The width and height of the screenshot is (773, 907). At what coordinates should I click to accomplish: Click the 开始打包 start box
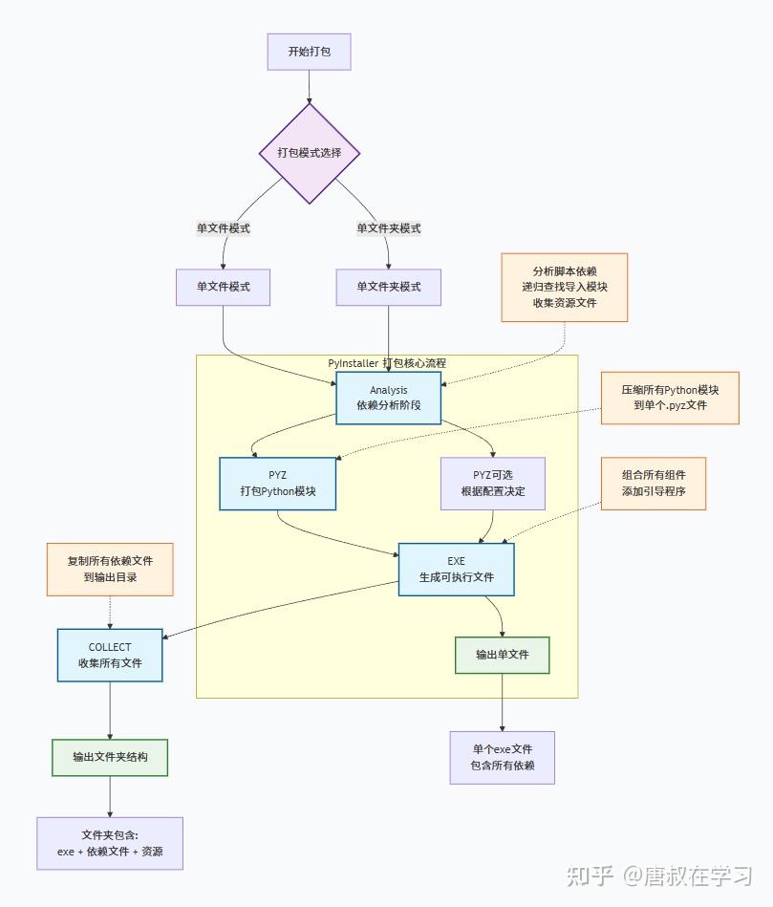pyautogui.click(x=309, y=52)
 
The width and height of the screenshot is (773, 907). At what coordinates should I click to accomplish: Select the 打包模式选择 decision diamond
pyautogui.click(x=309, y=153)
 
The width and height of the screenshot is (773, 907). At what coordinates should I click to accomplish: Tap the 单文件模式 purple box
pyautogui.click(x=223, y=287)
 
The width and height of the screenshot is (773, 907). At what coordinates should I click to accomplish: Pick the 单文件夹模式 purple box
pyautogui.click(x=388, y=287)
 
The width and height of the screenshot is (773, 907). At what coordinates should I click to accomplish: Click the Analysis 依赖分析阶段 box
pyautogui.click(x=388, y=398)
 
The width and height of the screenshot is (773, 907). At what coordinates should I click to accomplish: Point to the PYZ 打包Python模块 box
pyautogui.click(x=277, y=484)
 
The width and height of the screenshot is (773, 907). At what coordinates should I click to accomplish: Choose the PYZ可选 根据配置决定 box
pyautogui.click(x=492, y=484)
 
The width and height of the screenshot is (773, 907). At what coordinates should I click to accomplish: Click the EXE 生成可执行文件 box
pyautogui.click(x=456, y=570)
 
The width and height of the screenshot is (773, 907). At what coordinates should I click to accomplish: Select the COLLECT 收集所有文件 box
pyautogui.click(x=110, y=655)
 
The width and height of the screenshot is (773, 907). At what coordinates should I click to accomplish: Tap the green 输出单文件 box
pyautogui.click(x=502, y=655)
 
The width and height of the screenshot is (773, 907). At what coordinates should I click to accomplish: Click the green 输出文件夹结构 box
pyautogui.click(x=110, y=757)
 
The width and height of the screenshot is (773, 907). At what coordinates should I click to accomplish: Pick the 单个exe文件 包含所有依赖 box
pyautogui.click(x=502, y=757)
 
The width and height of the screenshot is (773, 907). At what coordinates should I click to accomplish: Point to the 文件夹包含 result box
pyautogui.click(x=110, y=843)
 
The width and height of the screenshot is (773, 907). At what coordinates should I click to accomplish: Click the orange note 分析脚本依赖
pyautogui.click(x=564, y=287)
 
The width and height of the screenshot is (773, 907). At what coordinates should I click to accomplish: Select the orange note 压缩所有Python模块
pyautogui.click(x=669, y=398)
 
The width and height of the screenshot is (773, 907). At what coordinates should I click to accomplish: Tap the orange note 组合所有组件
pyautogui.click(x=654, y=484)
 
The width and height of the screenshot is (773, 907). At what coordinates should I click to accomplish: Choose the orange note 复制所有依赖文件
pyautogui.click(x=110, y=570)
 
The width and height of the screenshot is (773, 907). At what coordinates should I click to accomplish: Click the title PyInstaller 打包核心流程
pyautogui.click(x=387, y=363)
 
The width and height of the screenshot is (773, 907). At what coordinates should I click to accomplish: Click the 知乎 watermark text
pyautogui.click(x=590, y=875)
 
